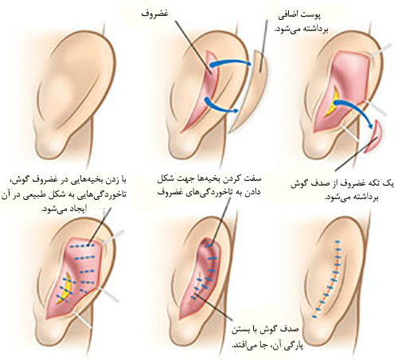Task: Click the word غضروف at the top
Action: [154, 14]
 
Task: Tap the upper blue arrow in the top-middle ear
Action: [231, 61]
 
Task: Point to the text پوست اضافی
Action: [300, 16]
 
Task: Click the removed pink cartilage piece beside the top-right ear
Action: [373, 137]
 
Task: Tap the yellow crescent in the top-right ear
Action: [333, 100]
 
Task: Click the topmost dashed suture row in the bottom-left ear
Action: [82, 246]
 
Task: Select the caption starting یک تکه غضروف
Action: [342, 190]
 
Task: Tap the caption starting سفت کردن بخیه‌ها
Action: [209, 186]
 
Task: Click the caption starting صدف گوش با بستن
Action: [267, 337]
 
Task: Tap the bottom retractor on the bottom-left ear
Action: [82, 319]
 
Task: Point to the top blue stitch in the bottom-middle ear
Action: [209, 246]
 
